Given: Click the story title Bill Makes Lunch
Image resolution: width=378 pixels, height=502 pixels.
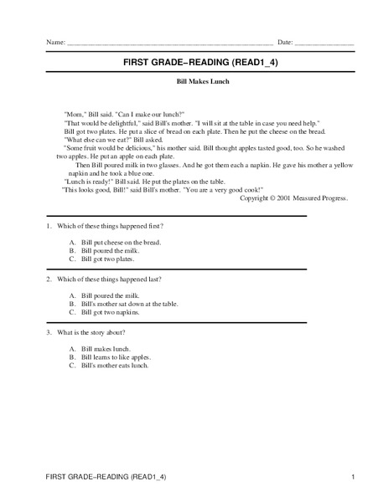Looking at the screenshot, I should [x=189, y=82].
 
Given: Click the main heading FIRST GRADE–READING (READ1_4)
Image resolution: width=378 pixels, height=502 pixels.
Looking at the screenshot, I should [x=189, y=62].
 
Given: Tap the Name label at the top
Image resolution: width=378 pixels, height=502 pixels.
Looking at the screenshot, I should [x=55, y=41].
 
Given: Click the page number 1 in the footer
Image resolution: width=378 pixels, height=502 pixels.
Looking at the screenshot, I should [x=354, y=477].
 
